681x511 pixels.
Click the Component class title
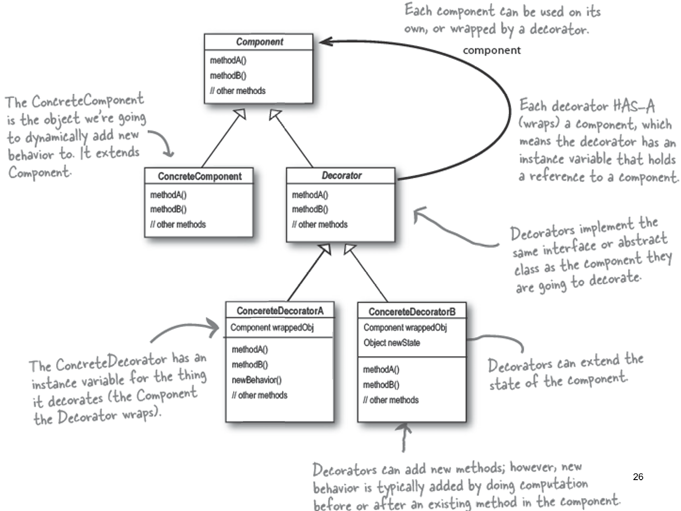click(x=259, y=42)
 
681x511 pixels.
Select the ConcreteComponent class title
click(x=200, y=176)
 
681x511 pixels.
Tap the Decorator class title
click(x=341, y=175)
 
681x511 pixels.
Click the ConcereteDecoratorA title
click(x=280, y=311)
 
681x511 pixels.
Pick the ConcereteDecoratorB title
click(x=412, y=312)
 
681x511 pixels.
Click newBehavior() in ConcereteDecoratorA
click(x=256, y=380)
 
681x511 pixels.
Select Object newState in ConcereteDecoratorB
click(x=391, y=343)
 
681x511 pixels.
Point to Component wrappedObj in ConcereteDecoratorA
click(x=272, y=328)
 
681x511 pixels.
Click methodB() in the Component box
click(x=228, y=76)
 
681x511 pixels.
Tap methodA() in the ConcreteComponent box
click(x=168, y=195)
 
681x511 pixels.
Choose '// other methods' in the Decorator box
click(x=320, y=224)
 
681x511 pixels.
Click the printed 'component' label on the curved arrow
click(x=491, y=50)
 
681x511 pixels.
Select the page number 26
click(x=638, y=477)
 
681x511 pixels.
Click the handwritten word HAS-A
click(x=634, y=106)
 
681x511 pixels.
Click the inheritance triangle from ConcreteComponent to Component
click(x=241, y=114)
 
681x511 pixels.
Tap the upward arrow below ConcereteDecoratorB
click(x=404, y=435)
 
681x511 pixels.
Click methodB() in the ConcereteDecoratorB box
click(x=381, y=385)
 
